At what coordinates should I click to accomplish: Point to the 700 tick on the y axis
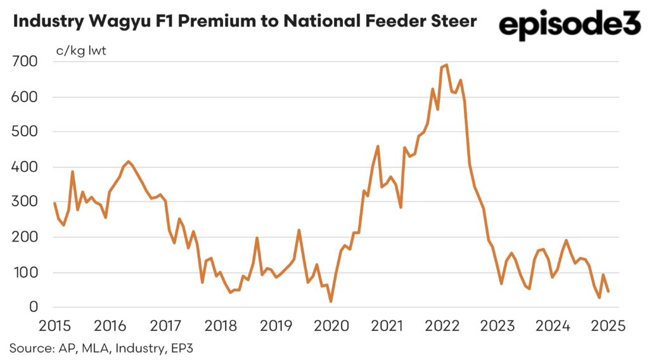click(x=25, y=61)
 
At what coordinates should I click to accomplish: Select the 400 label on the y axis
click(x=25, y=167)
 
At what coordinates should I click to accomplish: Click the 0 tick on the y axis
click(x=34, y=307)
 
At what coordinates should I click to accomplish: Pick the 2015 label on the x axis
click(x=54, y=327)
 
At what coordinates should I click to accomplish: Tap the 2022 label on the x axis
click(x=442, y=327)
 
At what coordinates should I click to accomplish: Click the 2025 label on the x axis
click(x=608, y=327)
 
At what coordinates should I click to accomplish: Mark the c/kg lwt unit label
click(x=79, y=51)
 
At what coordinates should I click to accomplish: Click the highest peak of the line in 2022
click(x=447, y=65)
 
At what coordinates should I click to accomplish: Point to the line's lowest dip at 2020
click(x=331, y=301)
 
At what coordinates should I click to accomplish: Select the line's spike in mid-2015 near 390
click(x=73, y=171)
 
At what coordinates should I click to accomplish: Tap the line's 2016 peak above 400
click(x=129, y=162)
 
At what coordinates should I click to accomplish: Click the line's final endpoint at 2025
click(x=608, y=292)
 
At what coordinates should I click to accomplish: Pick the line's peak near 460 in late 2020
click(x=378, y=146)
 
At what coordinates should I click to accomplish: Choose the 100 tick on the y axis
click(x=25, y=273)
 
